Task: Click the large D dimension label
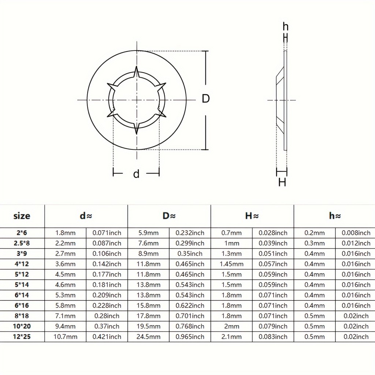pyautogui.click(x=206, y=99)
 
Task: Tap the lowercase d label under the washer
pyautogui.click(x=136, y=174)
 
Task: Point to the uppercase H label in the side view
pyautogui.click(x=282, y=182)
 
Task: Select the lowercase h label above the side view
pyautogui.click(x=286, y=27)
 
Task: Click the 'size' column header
pyautogui.click(x=22, y=216)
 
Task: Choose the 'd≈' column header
pyautogui.click(x=86, y=216)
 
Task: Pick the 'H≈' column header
pyautogui.click(x=252, y=216)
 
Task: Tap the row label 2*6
pyautogui.click(x=22, y=233)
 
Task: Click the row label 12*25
pyautogui.click(x=22, y=337)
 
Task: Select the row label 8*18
pyautogui.click(x=22, y=316)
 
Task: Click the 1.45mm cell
pyautogui.click(x=231, y=264)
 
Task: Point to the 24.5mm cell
pyautogui.click(x=148, y=337)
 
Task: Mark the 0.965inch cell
pyautogui.click(x=190, y=337)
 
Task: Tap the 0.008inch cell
pyautogui.click(x=356, y=233)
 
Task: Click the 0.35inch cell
pyautogui.click(x=190, y=253)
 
